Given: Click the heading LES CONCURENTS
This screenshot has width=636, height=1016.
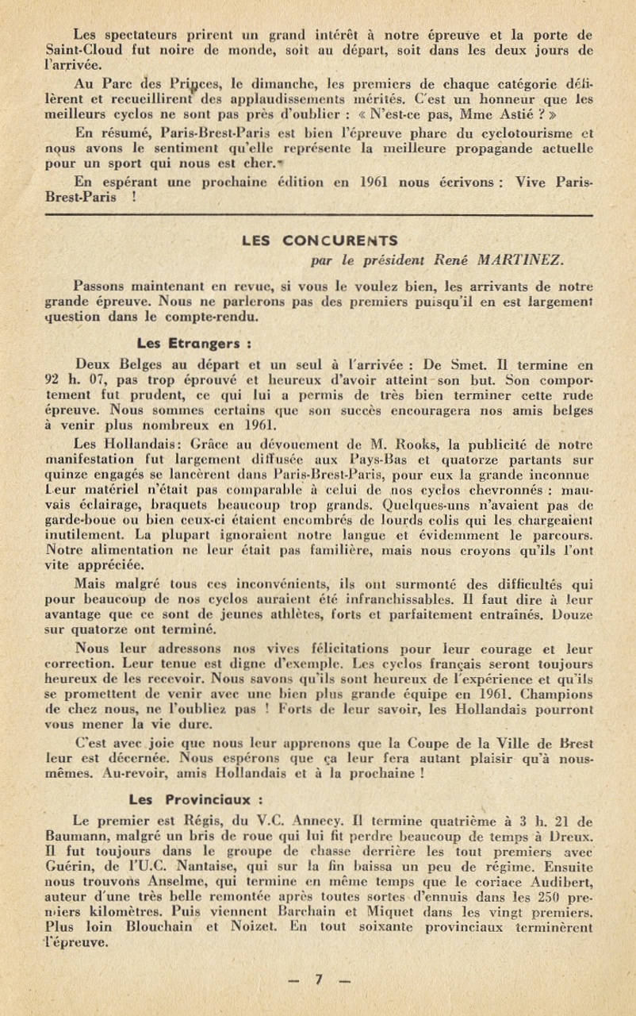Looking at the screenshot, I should click(320, 240).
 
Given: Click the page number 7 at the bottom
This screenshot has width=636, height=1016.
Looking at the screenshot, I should click(319, 979).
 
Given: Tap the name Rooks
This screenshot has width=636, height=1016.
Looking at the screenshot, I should click(431, 444).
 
